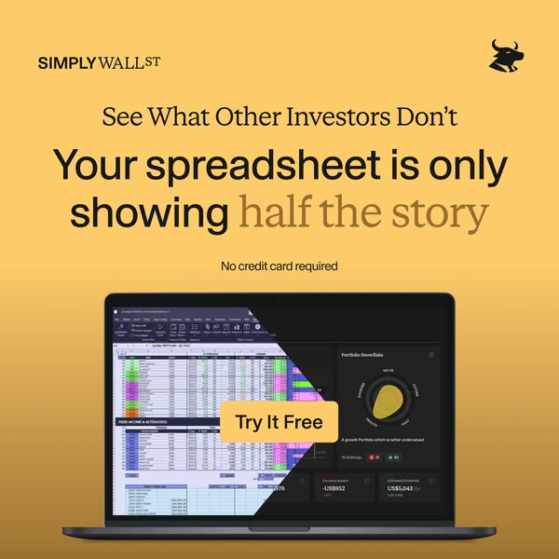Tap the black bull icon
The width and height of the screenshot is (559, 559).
(x=507, y=55)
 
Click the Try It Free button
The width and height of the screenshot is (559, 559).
(x=279, y=422)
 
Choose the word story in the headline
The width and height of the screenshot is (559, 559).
(x=442, y=213)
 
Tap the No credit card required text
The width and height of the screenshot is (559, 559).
(x=279, y=266)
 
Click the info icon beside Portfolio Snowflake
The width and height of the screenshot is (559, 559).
(x=430, y=355)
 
